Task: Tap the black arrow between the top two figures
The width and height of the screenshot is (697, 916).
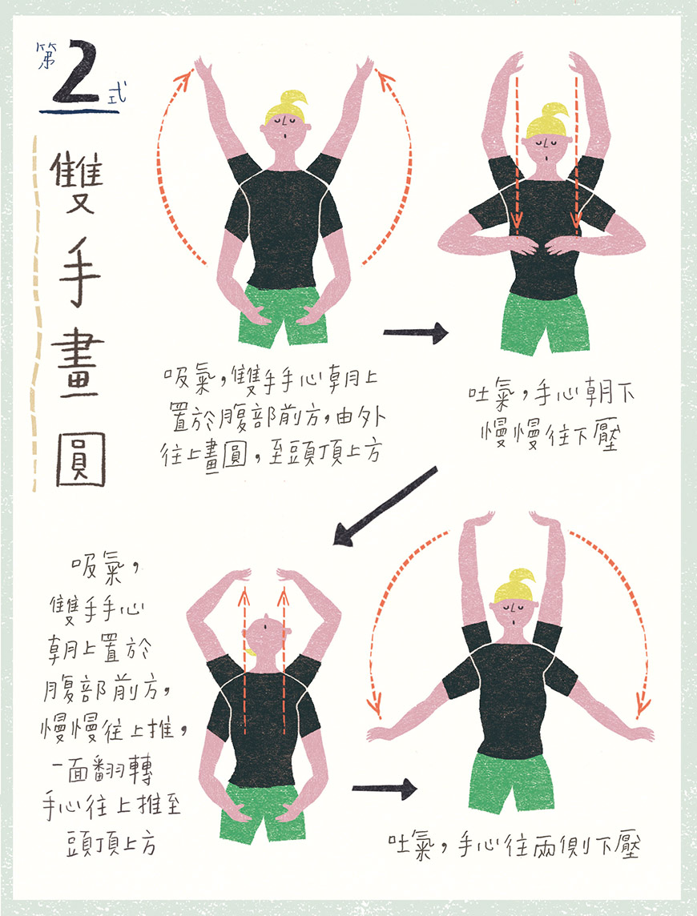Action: (415, 332)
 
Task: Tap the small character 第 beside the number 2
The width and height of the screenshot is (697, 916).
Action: (45, 55)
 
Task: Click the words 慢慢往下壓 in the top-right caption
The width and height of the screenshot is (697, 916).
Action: (550, 436)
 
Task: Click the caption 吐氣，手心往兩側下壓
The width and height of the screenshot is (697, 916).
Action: (514, 846)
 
